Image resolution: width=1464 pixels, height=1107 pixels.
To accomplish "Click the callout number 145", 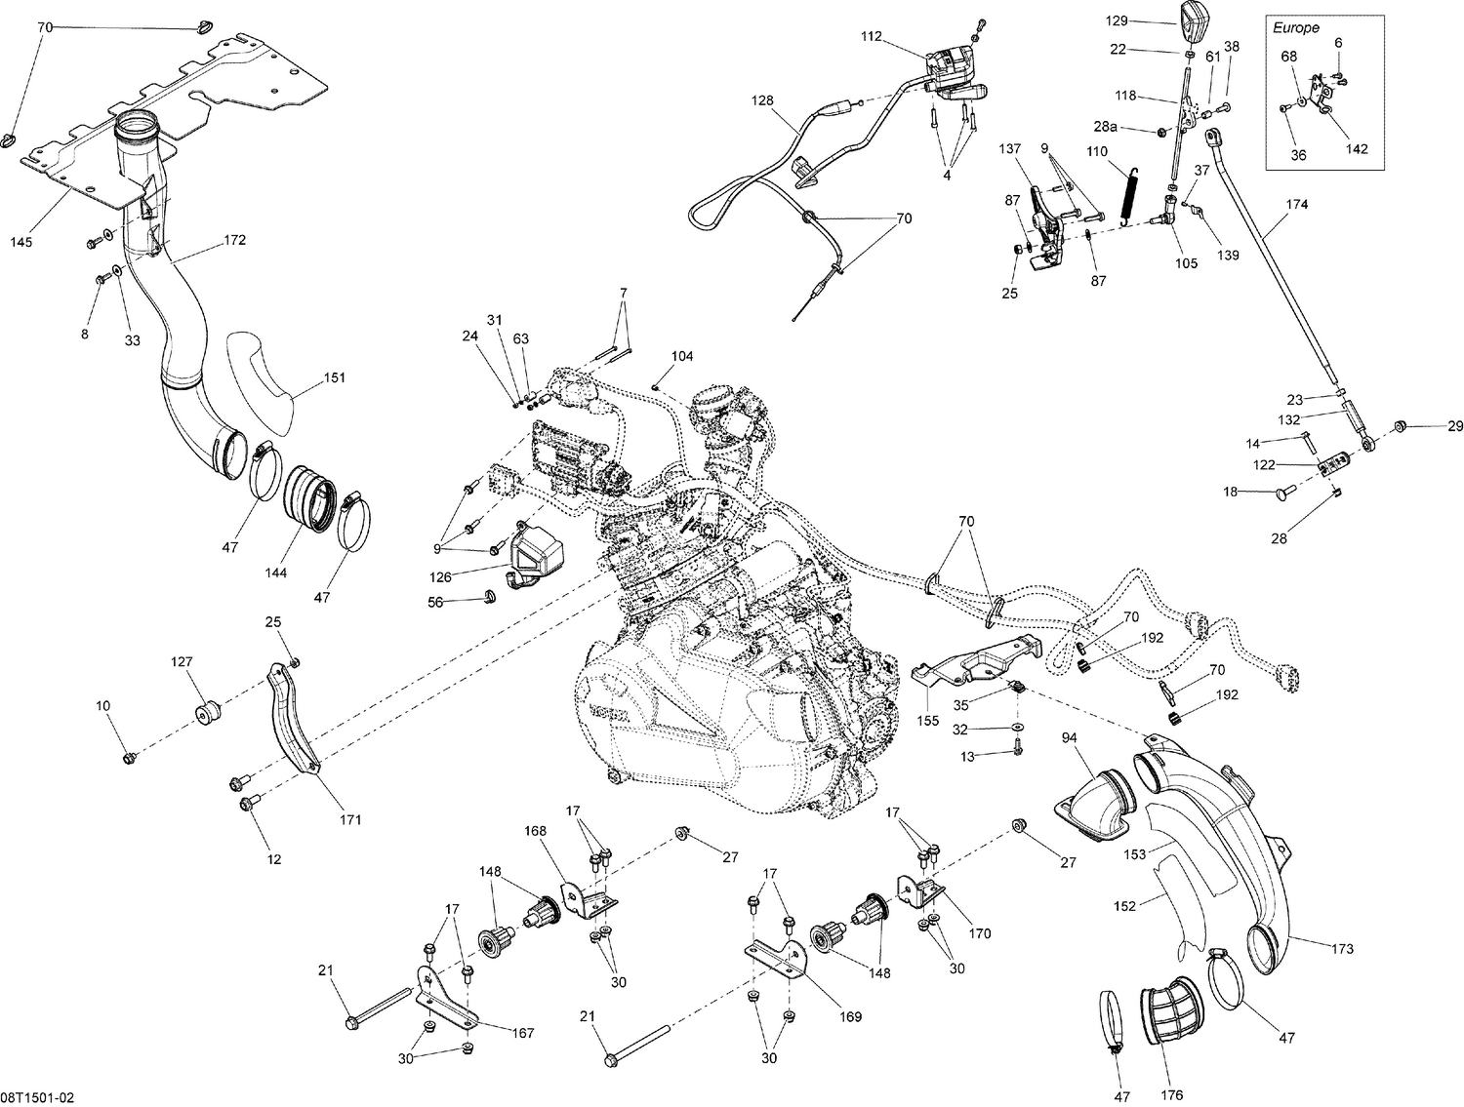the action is tap(20, 241).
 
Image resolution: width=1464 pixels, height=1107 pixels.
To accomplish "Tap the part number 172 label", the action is tap(234, 239).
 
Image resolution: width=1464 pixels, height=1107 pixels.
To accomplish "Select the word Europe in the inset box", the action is tap(1295, 28).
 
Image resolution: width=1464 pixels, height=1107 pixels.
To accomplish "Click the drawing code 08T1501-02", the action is tap(37, 1097).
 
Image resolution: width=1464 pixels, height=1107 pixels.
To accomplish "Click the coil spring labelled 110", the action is tap(1132, 197).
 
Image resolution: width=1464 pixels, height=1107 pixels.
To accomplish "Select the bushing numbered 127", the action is tap(205, 710).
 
